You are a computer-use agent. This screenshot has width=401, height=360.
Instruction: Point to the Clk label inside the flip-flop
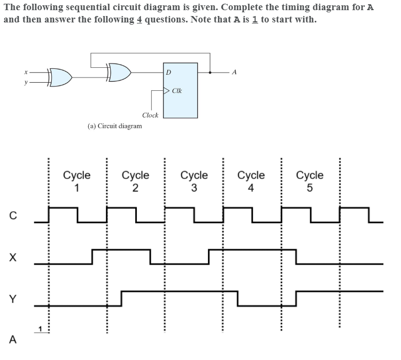(177, 91)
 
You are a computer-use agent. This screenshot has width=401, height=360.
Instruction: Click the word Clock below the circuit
(150, 115)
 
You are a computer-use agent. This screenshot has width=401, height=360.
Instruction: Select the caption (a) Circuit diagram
(114, 126)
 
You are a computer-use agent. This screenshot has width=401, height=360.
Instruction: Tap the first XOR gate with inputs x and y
(60, 77)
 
